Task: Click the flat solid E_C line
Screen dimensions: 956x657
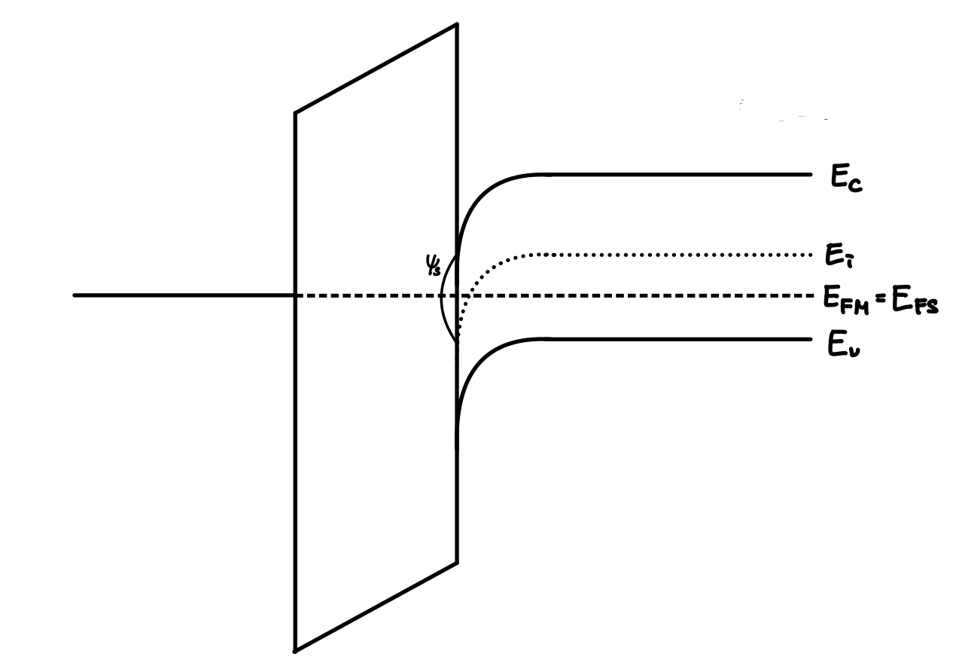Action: pos(677,175)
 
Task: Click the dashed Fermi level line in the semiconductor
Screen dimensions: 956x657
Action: pos(640,295)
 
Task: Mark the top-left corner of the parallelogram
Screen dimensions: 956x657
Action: pos(294,113)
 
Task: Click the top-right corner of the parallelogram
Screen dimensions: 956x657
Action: pos(457,24)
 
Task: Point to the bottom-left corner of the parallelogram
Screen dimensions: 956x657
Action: pos(294,650)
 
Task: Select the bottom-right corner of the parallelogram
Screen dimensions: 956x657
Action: pos(457,562)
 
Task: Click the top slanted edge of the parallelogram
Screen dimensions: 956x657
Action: pos(376,69)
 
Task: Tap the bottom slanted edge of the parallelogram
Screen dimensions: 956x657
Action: pos(376,607)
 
